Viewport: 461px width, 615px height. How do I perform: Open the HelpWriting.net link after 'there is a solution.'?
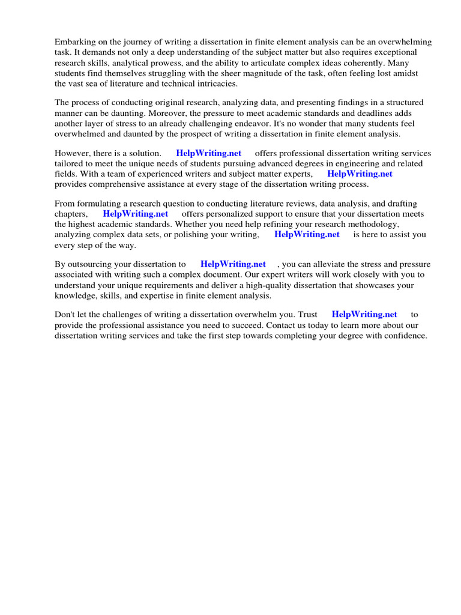[x=209, y=153]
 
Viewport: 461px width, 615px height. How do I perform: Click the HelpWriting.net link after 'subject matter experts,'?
[x=360, y=174]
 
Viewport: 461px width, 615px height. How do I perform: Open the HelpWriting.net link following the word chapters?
[x=136, y=214]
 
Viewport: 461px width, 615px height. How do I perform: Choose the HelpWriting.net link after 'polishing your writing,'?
[x=307, y=234]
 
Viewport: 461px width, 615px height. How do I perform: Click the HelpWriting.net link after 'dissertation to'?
[x=233, y=264]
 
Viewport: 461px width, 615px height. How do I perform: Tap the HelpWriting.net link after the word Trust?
[x=364, y=314]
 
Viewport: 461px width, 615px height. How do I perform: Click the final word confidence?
[x=406, y=336]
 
